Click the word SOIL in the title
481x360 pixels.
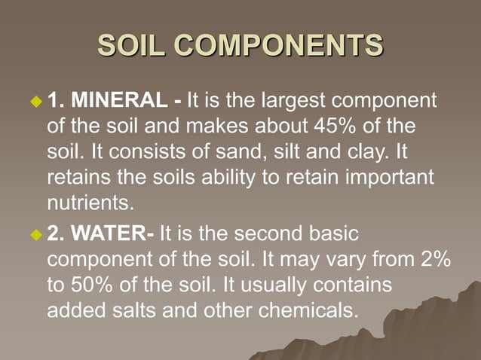click(133, 46)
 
